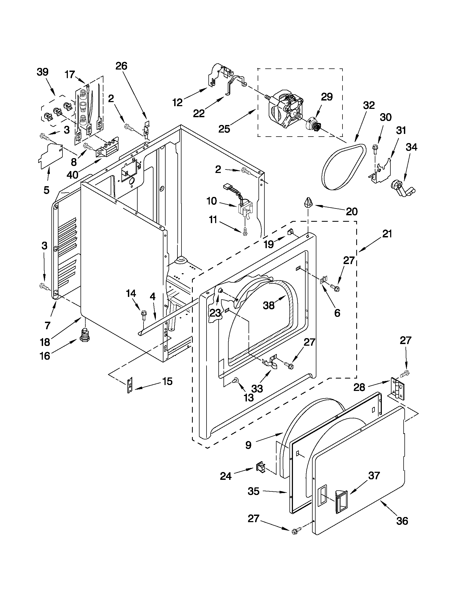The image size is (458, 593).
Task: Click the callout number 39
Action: click(42, 72)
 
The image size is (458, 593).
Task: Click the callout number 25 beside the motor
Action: click(224, 129)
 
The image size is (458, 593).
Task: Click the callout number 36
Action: click(402, 521)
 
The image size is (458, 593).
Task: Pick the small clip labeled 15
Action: click(130, 385)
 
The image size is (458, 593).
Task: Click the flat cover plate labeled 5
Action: click(50, 157)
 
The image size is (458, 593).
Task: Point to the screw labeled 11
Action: click(245, 231)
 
